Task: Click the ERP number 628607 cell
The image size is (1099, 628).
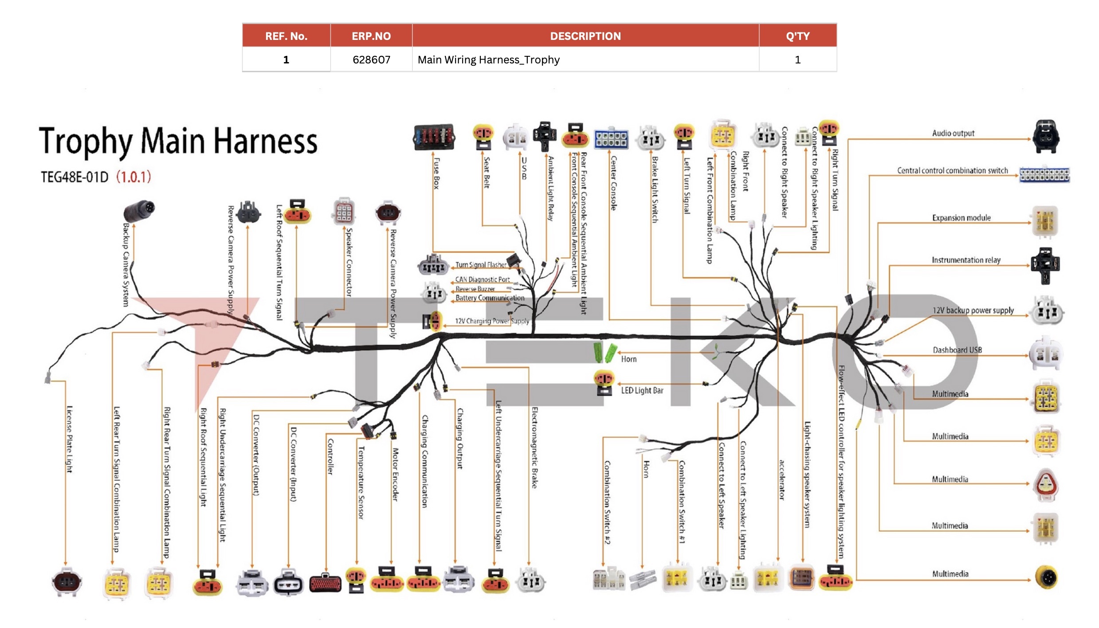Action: click(371, 60)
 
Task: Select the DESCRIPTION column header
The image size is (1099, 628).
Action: click(585, 36)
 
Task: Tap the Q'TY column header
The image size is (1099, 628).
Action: click(797, 36)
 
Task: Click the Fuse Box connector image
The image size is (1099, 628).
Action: click(434, 136)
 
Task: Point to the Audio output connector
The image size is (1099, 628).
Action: click(1046, 137)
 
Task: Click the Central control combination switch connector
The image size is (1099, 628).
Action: click(1044, 175)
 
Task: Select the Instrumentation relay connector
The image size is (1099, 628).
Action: click(1045, 265)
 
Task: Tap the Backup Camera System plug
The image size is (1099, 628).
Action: click(139, 211)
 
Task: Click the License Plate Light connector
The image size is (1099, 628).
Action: click(67, 582)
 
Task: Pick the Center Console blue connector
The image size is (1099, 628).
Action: click(611, 139)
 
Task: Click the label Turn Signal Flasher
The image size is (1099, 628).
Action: click(481, 265)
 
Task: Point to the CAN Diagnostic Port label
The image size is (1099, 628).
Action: click(482, 279)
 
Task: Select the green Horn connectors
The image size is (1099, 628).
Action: click(604, 353)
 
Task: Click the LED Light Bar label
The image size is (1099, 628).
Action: click(642, 391)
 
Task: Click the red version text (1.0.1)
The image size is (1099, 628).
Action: click(133, 177)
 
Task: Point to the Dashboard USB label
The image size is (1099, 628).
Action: click(957, 350)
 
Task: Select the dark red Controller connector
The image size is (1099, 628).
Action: click(326, 583)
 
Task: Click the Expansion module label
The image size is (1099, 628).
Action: click(961, 218)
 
